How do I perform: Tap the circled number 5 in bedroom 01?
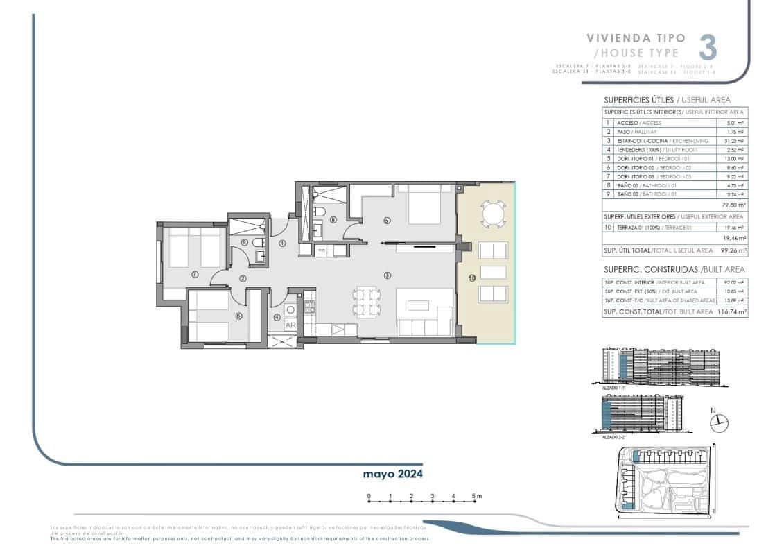pos(387,221)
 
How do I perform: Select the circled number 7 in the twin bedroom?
pos(195,275)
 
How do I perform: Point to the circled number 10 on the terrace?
pos(471,277)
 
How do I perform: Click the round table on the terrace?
pos(493,214)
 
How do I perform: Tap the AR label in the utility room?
pos(290,324)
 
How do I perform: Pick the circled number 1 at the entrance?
pos(282,244)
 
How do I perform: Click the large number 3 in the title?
pos(707,47)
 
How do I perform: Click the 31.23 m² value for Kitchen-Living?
pos(735,140)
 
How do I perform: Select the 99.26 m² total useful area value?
pos(732,250)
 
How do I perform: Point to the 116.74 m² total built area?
pos(732,313)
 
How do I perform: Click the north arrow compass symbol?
pos(721,420)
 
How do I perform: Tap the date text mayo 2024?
pos(393,474)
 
